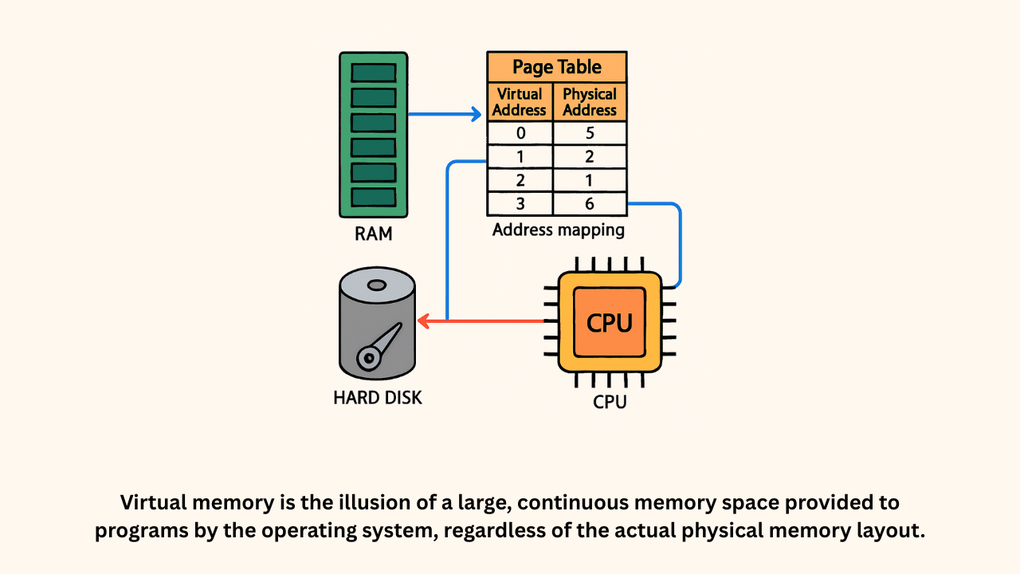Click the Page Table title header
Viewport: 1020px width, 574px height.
556,67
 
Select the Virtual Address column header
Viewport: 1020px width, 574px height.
520,102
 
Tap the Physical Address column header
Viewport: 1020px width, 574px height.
590,102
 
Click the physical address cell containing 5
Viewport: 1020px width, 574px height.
590,133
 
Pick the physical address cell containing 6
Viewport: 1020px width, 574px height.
590,204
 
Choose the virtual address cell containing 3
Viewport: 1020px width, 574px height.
520,204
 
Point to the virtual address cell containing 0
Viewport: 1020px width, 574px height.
520,133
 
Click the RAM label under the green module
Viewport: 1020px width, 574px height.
373,235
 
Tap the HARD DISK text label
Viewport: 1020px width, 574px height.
377,397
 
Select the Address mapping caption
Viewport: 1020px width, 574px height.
558,230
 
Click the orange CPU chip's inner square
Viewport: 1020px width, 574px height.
610,322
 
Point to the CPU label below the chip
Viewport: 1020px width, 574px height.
610,401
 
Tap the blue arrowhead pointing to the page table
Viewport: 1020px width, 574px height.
477,114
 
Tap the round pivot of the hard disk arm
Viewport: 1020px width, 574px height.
367,359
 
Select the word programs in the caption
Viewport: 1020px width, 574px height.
132,532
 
